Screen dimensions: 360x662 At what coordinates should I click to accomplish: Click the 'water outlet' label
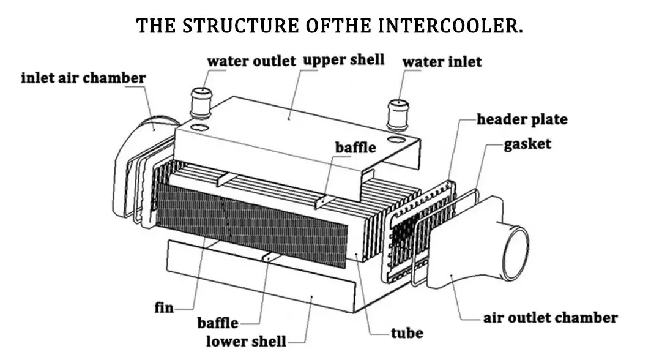[x=251, y=61]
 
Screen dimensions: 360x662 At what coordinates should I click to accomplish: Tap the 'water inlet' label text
[x=442, y=62]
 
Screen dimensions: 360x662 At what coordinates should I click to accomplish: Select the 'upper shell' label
[x=344, y=60]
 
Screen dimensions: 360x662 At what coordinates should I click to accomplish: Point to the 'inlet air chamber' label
[x=83, y=78]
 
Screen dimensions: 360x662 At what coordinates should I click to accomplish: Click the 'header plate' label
[x=522, y=119]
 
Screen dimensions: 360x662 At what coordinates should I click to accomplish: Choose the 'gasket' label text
[x=527, y=144]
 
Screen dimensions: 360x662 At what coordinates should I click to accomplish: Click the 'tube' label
[x=407, y=333]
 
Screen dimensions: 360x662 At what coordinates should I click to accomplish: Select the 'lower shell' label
[x=245, y=341]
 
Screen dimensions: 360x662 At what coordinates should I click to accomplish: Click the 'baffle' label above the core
[x=355, y=148]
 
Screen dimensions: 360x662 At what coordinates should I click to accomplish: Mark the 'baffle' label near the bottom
[x=218, y=323]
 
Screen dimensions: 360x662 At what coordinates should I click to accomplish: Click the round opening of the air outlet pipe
[x=516, y=253]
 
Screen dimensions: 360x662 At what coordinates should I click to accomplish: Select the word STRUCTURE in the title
[x=239, y=26]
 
